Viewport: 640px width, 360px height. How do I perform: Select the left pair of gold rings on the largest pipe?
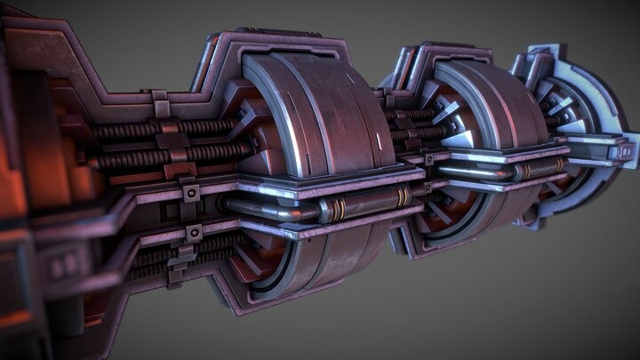pos(335,210)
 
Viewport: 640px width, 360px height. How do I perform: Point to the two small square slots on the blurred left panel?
pos(65,265)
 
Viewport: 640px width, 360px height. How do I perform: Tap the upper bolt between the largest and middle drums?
pos(428,159)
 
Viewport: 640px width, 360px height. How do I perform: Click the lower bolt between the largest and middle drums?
pos(428,188)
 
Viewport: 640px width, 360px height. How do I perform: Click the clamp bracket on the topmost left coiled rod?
pos(160,108)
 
